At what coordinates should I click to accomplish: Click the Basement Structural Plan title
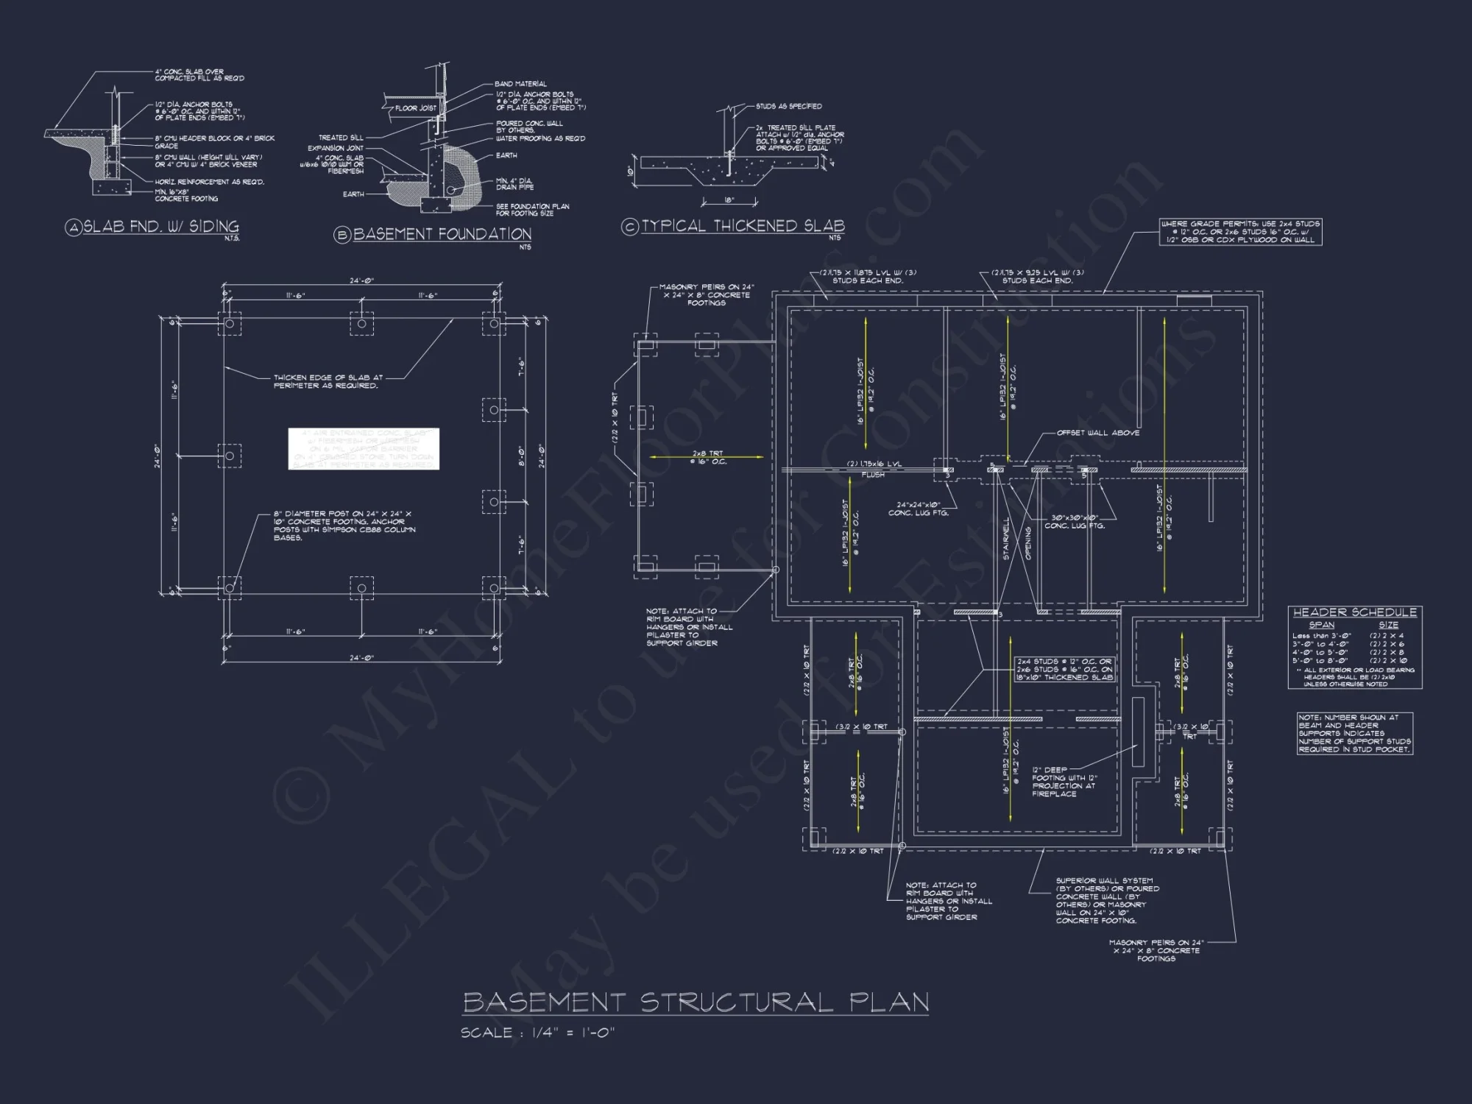point(696,1002)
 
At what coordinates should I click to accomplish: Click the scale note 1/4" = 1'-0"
point(537,1033)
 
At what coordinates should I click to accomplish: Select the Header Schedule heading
point(1354,612)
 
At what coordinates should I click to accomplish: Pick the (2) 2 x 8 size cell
point(1387,652)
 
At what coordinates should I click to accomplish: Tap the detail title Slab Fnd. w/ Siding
point(160,227)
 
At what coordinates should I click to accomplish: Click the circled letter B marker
point(342,235)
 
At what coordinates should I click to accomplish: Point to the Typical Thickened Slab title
point(743,226)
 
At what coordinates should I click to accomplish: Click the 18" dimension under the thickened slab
point(728,199)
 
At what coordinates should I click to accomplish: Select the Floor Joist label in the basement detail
point(416,108)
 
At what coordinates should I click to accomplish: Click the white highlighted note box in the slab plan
point(364,448)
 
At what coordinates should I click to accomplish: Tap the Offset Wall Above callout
point(1097,433)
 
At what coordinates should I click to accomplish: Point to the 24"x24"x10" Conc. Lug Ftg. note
point(918,509)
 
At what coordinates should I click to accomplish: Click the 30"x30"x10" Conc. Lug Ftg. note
point(1075,521)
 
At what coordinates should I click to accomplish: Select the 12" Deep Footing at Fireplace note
point(1064,782)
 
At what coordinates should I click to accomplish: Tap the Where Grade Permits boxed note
point(1240,231)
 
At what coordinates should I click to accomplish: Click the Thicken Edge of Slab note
point(328,381)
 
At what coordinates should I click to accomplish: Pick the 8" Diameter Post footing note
point(344,526)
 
